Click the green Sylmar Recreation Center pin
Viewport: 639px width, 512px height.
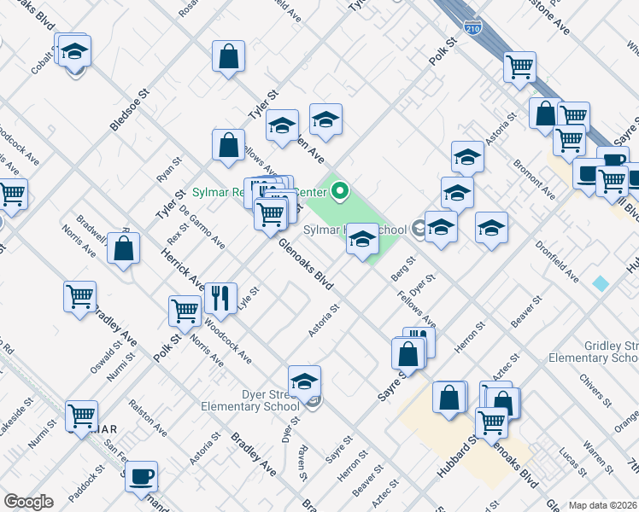click(x=340, y=191)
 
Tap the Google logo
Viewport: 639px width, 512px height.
click(x=28, y=502)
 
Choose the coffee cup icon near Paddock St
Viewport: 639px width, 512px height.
click(x=141, y=474)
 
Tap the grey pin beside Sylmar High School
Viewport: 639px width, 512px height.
click(x=419, y=228)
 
